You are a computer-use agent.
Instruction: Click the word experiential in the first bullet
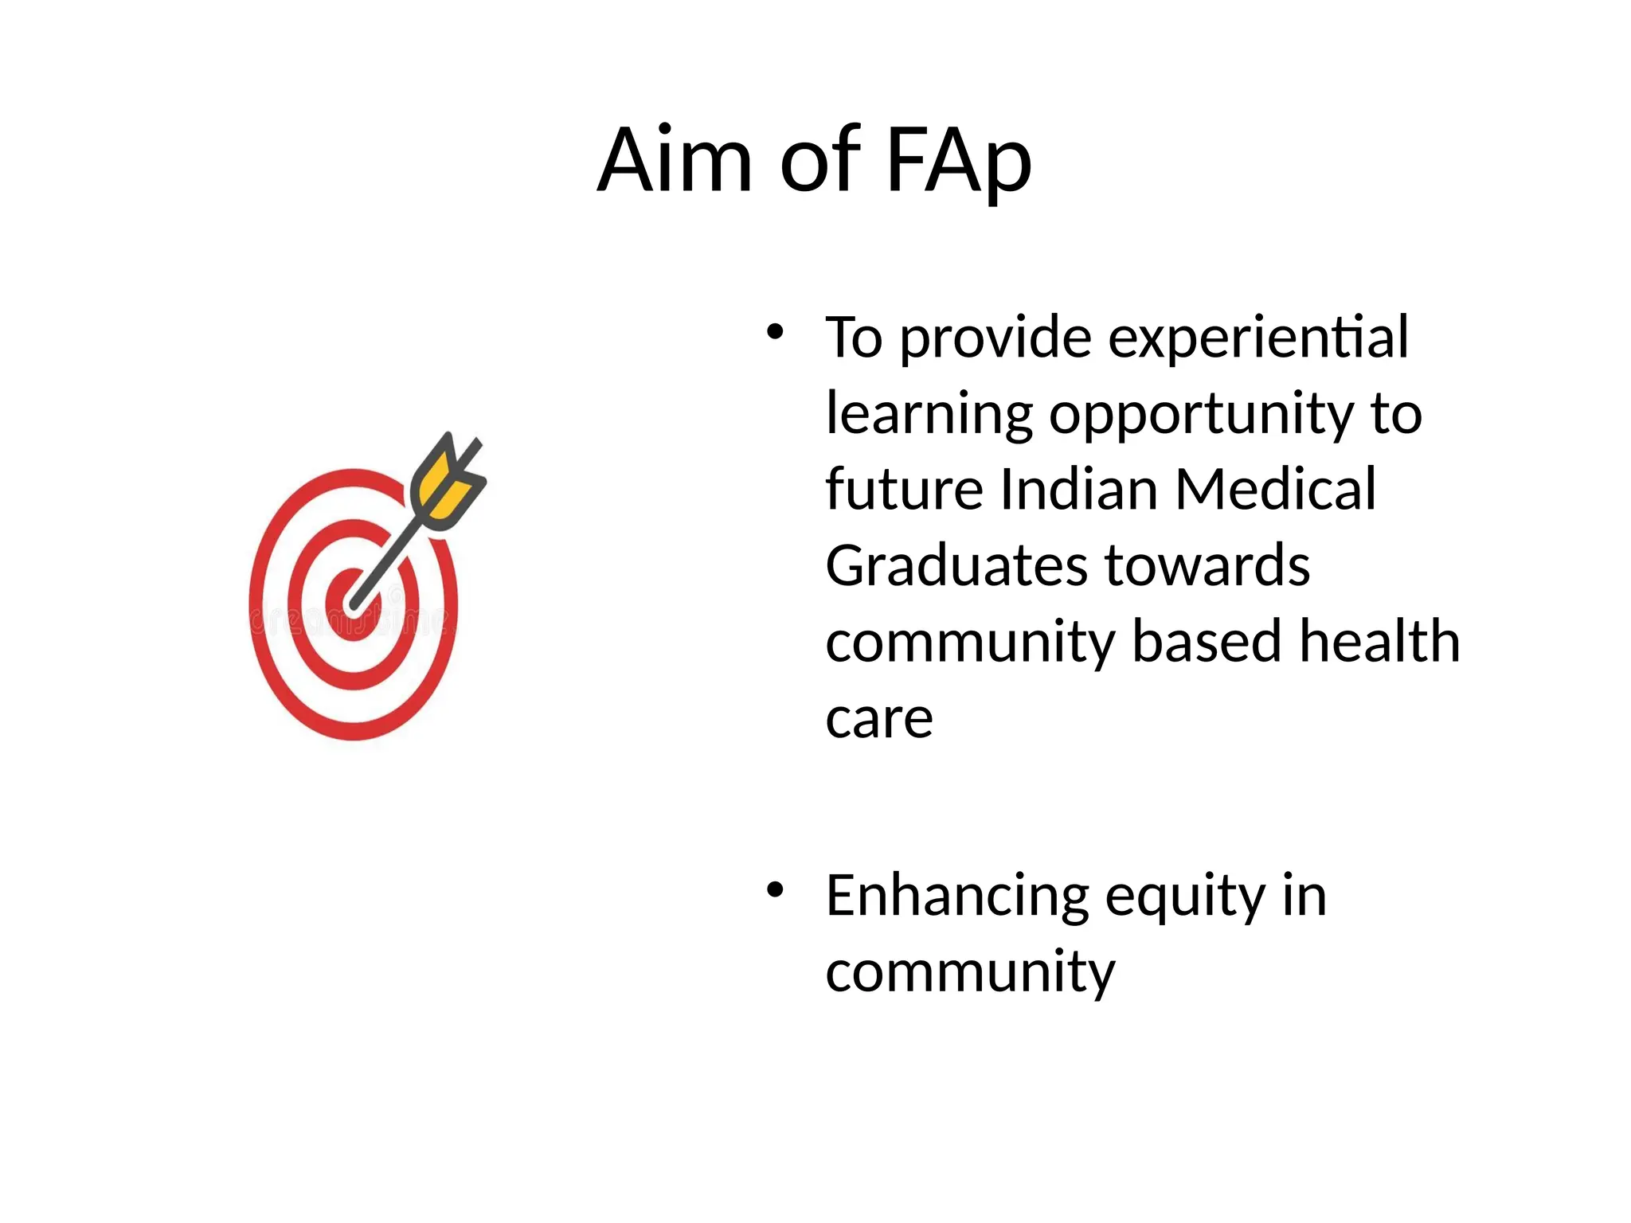pos(1258,338)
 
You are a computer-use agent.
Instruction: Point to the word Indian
pos(1079,489)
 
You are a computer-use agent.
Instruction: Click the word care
pos(879,719)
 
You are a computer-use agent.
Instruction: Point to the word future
pos(905,489)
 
